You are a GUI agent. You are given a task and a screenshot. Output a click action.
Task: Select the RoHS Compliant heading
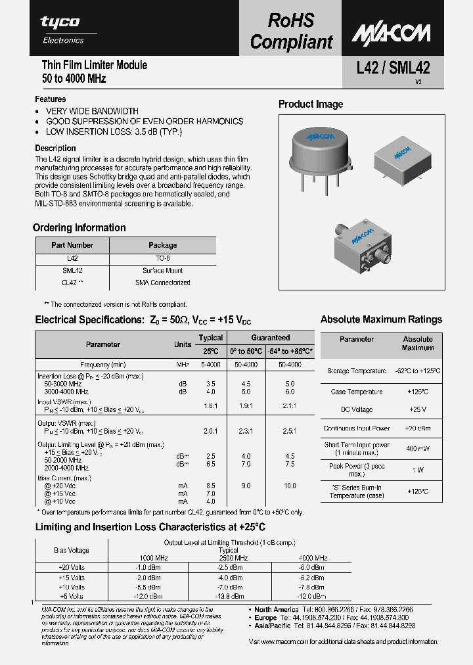pyautogui.click(x=291, y=31)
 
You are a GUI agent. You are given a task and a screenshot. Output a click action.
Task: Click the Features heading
pyautogui.click(x=50, y=99)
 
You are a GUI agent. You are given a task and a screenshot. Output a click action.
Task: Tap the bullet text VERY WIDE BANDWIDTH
pyautogui.click(x=92, y=111)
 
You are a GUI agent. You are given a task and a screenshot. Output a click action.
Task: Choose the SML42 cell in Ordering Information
pyautogui.click(x=72, y=271)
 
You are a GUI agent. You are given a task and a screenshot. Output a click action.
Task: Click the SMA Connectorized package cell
pyautogui.click(x=162, y=283)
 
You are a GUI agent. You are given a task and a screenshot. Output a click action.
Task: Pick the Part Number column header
pyautogui.click(x=72, y=245)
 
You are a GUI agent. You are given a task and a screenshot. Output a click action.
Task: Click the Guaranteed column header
pyautogui.click(x=270, y=338)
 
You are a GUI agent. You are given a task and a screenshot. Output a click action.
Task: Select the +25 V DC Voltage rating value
pyautogui.click(x=417, y=409)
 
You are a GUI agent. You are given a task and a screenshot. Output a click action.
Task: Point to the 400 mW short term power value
pyautogui.click(x=417, y=448)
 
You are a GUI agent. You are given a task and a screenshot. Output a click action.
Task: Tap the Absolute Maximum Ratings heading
pyautogui.click(x=381, y=319)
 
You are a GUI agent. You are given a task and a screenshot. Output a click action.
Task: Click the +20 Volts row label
pyautogui.click(x=72, y=566)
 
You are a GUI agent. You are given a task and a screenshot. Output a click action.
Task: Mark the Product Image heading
pyautogui.click(x=311, y=104)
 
